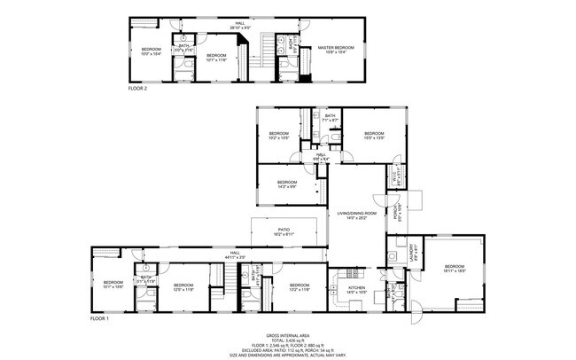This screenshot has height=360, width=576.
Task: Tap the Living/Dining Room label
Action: pyautogui.click(x=356, y=215)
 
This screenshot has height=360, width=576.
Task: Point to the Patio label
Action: pyautogui.click(x=284, y=231)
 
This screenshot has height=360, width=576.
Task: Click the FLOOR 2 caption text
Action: pyautogui.click(x=137, y=89)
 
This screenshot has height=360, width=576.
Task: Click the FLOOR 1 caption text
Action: pyautogui.click(x=100, y=317)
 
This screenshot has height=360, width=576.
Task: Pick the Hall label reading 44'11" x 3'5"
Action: pyautogui.click(x=235, y=254)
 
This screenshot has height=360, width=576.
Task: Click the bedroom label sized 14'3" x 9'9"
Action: pyautogui.click(x=286, y=184)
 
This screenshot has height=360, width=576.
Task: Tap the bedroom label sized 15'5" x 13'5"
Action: pyautogui.click(x=374, y=136)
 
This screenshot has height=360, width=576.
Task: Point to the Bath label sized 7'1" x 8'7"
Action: pyautogui.click(x=330, y=117)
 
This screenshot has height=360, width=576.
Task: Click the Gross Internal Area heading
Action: pyautogui.click(x=285, y=334)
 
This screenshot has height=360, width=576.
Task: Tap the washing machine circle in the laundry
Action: pyautogui.click(x=391, y=253)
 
